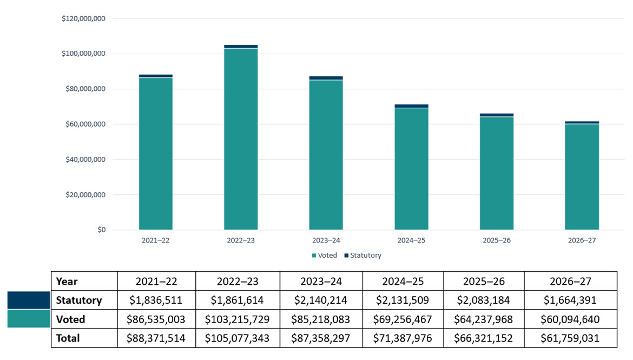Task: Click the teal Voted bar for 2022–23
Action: [x=241, y=139]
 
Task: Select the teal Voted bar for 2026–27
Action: [x=582, y=176]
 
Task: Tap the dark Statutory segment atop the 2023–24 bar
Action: [x=326, y=78]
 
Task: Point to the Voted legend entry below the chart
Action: [x=324, y=256]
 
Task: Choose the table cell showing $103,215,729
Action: [x=238, y=319]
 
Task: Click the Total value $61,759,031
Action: [x=570, y=338]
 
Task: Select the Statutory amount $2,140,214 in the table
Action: [x=321, y=300]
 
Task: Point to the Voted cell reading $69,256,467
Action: [x=403, y=319]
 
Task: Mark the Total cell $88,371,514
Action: [x=156, y=338]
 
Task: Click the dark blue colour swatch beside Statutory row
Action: [x=29, y=300]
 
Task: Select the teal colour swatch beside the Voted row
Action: [x=29, y=319]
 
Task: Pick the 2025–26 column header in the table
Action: [x=483, y=281]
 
